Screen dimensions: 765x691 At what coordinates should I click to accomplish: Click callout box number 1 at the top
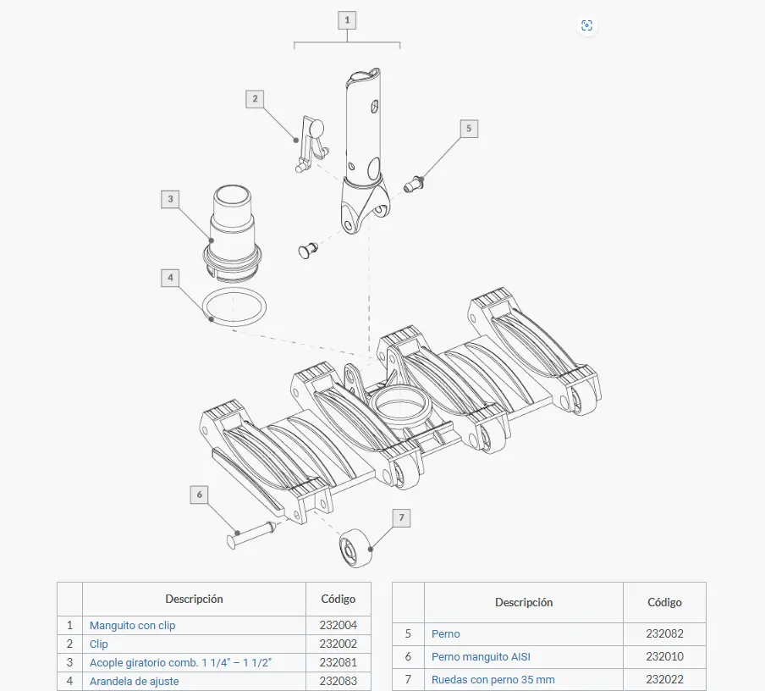pyautogui.click(x=347, y=20)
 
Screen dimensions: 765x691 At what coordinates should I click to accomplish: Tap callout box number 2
pyautogui.click(x=255, y=98)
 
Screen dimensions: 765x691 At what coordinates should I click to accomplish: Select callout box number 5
pyautogui.click(x=469, y=129)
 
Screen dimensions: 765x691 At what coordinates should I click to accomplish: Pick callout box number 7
pyautogui.click(x=401, y=517)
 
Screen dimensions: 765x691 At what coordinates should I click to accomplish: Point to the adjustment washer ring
pyautogui.click(x=234, y=307)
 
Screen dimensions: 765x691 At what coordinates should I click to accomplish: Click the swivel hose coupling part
pyautogui.click(x=232, y=234)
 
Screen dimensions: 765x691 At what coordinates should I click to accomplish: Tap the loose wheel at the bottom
pyautogui.click(x=356, y=547)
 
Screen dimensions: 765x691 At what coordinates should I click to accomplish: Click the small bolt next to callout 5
pyautogui.click(x=414, y=184)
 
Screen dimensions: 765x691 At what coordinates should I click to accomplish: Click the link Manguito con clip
pyautogui.click(x=132, y=626)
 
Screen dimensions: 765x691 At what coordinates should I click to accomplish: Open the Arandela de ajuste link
pyautogui.click(x=135, y=681)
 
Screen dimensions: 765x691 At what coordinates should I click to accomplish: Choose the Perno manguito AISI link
pyautogui.click(x=481, y=657)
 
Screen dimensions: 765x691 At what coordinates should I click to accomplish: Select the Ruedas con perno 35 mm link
pyautogui.click(x=493, y=680)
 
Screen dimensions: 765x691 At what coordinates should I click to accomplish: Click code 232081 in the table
pyautogui.click(x=338, y=663)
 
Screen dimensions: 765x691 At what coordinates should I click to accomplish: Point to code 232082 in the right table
pyautogui.click(x=664, y=634)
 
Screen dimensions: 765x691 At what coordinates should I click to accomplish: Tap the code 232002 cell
pyautogui.click(x=338, y=644)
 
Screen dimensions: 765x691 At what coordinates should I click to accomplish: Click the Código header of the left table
pyautogui.click(x=338, y=600)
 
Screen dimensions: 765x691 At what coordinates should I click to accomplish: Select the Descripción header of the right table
pyautogui.click(x=524, y=603)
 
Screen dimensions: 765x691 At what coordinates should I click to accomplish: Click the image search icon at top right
pyautogui.click(x=586, y=25)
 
